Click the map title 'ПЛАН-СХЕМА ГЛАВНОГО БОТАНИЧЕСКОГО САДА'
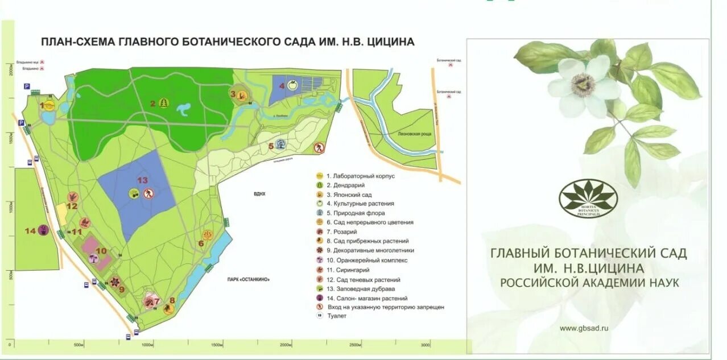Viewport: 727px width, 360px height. tap(228, 42)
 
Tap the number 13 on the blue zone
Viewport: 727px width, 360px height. tap(142, 180)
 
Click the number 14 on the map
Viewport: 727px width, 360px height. tap(30, 230)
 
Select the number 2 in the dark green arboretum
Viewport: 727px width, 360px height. tap(152, 104)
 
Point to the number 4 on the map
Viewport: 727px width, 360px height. tap(282, 86)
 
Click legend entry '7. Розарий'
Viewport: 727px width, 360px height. tap(342, 232)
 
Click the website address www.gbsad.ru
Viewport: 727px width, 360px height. tap(584, 328)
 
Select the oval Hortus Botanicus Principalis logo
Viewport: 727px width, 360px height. tap(588, 198)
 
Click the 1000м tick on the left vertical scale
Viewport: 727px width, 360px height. tap(10, 206)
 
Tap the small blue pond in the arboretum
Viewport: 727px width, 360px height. tap(185, 109)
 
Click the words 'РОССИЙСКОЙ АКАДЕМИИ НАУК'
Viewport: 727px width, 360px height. tap(589, 282)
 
